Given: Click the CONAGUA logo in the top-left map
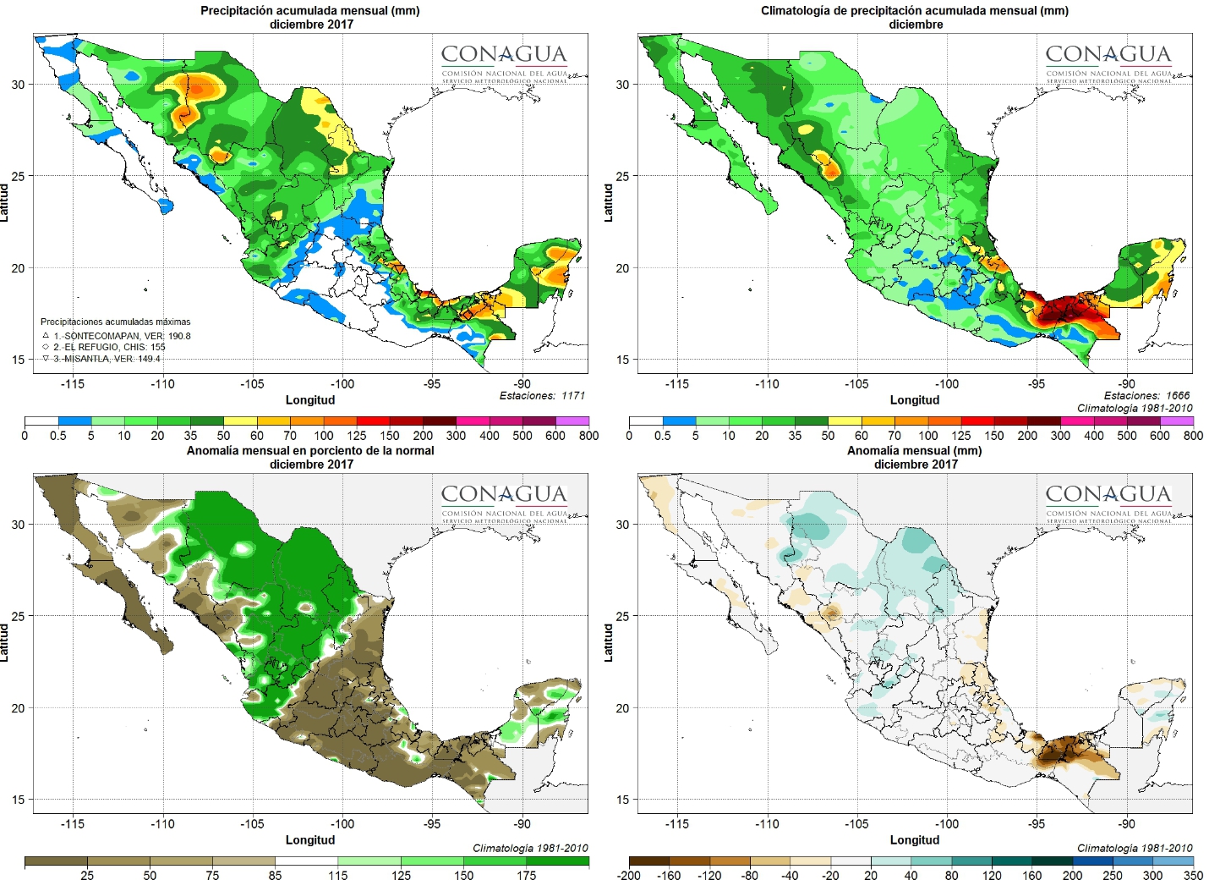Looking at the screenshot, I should click(504, 62).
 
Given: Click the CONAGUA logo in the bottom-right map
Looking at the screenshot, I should click(1108, 502).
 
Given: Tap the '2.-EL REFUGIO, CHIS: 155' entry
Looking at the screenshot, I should click(109, 347).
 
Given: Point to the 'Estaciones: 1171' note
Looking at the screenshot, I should click(542, 395).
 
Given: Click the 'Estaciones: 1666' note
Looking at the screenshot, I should click(1146, 395).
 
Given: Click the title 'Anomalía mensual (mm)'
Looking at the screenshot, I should click(915, 451).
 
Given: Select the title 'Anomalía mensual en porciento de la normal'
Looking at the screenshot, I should click(310, 451).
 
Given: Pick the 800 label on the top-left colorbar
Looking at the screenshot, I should click(588, 436).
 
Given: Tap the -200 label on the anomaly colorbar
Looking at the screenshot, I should click(629, 875).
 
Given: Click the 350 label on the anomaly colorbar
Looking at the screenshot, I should click(1193, 875).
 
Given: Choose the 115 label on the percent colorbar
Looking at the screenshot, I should click(338, 875).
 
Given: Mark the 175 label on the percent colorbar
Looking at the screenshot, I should click(527, 875).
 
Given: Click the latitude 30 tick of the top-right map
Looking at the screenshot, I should click(622, 85).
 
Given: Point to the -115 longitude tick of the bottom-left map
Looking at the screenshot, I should click(73, 823).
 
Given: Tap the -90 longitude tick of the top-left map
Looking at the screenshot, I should click(522, 383).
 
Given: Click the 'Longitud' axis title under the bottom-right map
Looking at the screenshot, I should click(915, 839).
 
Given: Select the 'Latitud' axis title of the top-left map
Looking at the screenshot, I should click(5, 203).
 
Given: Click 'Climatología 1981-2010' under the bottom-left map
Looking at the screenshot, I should click(530, 848).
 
